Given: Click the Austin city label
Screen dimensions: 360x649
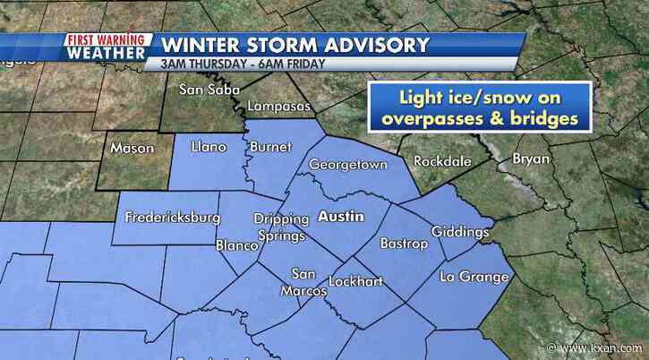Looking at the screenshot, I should click(339, 217).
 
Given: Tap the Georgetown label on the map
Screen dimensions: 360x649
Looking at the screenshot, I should click(347, 166).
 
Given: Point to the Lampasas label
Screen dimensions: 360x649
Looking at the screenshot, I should click(278, 107).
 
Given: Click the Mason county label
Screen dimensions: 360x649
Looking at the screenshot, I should click(132, 149).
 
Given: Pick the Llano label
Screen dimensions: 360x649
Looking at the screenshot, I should click(209, 147).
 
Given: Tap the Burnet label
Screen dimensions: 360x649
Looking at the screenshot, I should click(271, 146).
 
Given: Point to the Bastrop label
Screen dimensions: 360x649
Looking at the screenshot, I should click(400, 243).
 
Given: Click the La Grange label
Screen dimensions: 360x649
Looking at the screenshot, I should click(474, 277).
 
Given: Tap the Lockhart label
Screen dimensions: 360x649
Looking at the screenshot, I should click(355, 281).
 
